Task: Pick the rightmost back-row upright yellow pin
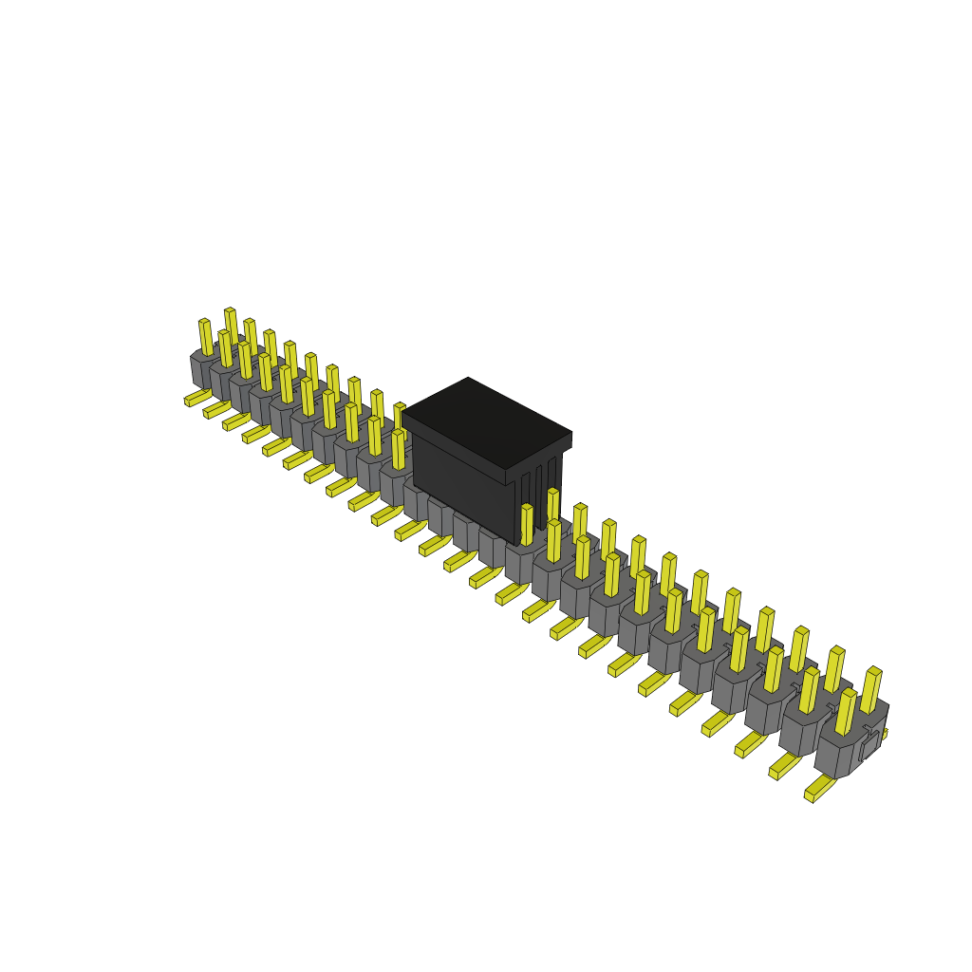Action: coord(870,690)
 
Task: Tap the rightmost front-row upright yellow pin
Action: coord(844,712)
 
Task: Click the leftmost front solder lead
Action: coord(197,398)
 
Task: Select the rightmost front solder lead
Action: coord(818,790)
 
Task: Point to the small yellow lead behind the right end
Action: coord(884,734)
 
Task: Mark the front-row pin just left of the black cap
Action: coord(398,450)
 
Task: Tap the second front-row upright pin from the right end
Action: coord(808,690)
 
